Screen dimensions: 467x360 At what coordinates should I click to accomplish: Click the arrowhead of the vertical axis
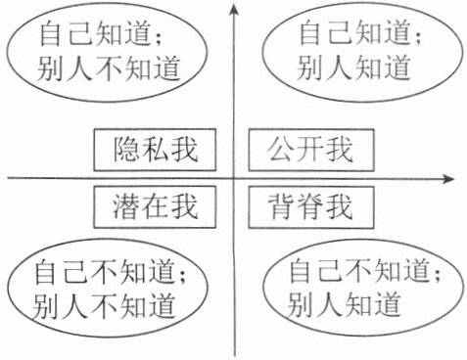tap(234, 9)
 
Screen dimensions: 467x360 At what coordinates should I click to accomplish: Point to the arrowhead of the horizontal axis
tap(447, 179)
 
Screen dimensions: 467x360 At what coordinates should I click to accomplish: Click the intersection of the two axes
tap(234, 178)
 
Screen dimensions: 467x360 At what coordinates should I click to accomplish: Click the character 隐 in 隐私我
tap(126, 150)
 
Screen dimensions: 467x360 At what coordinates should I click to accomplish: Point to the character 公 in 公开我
tap(280, 150)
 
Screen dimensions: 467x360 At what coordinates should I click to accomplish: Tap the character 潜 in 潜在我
tap(126, 206)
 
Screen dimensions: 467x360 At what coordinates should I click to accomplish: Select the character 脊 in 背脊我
tap(310, 206)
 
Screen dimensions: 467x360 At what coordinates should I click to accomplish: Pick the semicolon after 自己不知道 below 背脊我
tap(437, 275)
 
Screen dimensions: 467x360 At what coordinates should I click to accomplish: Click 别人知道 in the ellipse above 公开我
tap(353, 67)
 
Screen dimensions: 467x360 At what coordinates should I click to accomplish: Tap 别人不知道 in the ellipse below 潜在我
tap(104, 305)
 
